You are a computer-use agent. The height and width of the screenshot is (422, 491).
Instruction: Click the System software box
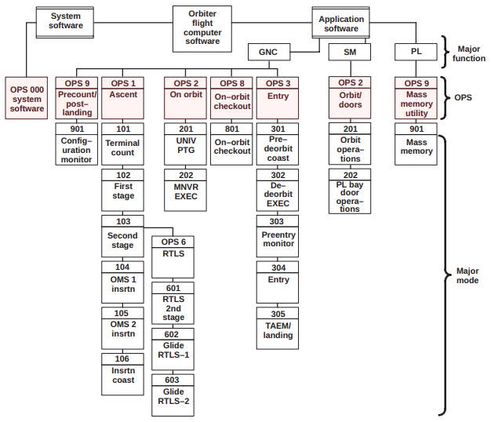coord(65,20)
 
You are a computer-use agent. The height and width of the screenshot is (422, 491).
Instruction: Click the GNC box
coord(268,53)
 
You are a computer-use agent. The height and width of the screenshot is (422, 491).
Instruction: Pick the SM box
coord(350,53)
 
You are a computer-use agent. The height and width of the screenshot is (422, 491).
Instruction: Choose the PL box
coord(416,53)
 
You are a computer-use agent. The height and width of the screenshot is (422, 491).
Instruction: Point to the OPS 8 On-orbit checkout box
coord(232,96)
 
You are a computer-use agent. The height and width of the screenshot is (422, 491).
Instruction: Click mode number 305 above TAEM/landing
coord(278,314)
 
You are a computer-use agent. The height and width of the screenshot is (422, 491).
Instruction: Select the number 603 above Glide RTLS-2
coord(173,379)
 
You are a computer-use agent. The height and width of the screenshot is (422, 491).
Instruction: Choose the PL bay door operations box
coord(350,196)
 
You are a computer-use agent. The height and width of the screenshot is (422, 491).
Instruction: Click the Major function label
coord(471,53)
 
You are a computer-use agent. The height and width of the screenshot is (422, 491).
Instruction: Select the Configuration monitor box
coord(76,149)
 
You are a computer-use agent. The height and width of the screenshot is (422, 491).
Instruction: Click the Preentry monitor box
coord(278,239)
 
